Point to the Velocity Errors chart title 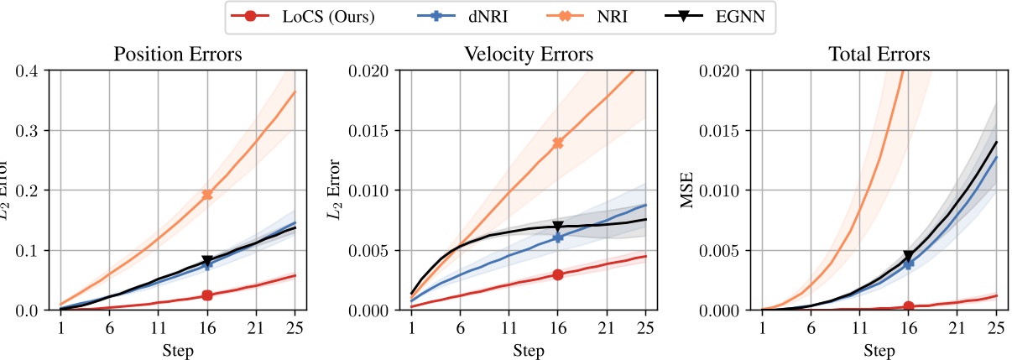click(x=529, y=55)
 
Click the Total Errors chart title click(x=878, y=55)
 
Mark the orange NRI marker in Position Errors click(x=207, y=195)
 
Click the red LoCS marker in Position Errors click(x=207, y=295)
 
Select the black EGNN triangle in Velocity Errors click(x=557, y=227)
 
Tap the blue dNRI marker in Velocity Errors click(x=557, y=237)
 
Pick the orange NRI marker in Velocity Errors click(x=557, y=143)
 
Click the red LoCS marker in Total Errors click(x=908, y=306)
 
